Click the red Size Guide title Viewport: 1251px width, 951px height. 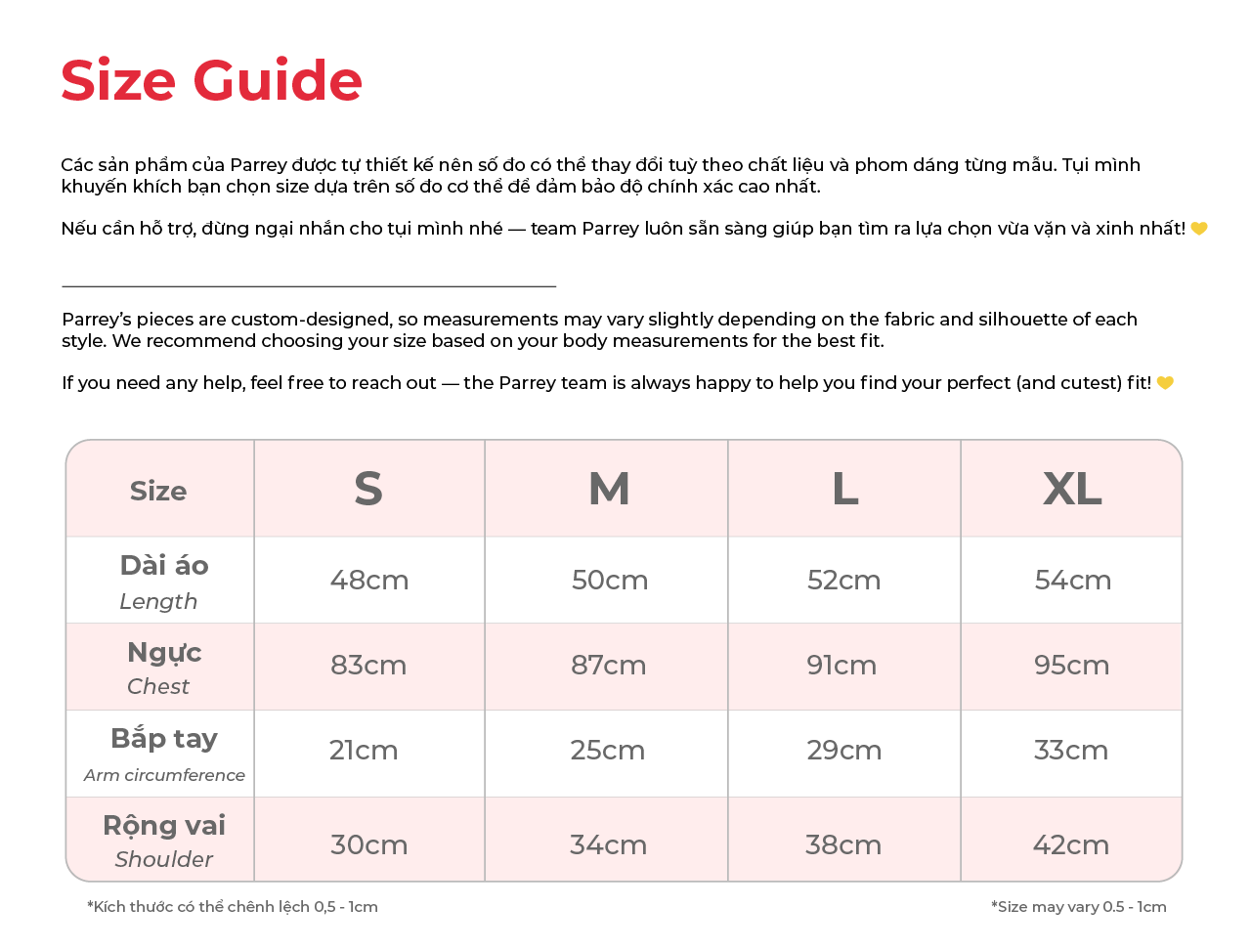pyautogui.click(x=211, y=80)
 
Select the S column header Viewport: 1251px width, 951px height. pyautogui.click(x=368, y=489)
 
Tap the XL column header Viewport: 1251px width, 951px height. pyautogui.click(x=1072, y=489)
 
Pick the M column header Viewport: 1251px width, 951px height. pyautogui.click(x=609, y=489)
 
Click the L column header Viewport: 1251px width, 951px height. pyautogui.click(x=845, y=489)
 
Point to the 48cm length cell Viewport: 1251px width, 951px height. pyautogui.click(x=369, y=580)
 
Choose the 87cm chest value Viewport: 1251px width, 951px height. pyautogui.click(x=608, y=666)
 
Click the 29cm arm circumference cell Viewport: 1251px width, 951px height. pyautogui.click(x=843, y=751)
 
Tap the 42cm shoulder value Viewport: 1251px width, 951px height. pyautogui.click(x=1071, y=844)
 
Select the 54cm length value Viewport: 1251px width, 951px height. pyautogui.click(x=1072, y=580)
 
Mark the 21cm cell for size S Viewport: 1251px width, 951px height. pyautogui.click(x=364, y=751)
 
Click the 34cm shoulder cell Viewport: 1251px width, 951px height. pyautogui.click(x=608, y=844)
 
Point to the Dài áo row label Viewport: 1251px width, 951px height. pyautogui.click(x=164, y=566)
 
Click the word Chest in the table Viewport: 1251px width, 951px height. pyautogui.click(x=158, y=686)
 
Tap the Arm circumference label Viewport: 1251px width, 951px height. pyautogui.click(x=164, y=775)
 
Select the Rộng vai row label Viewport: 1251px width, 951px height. pyautogui.click(x=164, y=826)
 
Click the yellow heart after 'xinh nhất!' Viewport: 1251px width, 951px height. pyautogui.click(x=1199, y=229)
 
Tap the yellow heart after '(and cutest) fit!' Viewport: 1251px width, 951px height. pyautogui.click(x=1165, y=383)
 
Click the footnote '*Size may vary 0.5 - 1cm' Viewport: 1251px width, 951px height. pyautogui.click(x=1078, y=907)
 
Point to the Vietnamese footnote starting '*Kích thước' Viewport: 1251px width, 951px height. pyautogui.click(x=233, y=907)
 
